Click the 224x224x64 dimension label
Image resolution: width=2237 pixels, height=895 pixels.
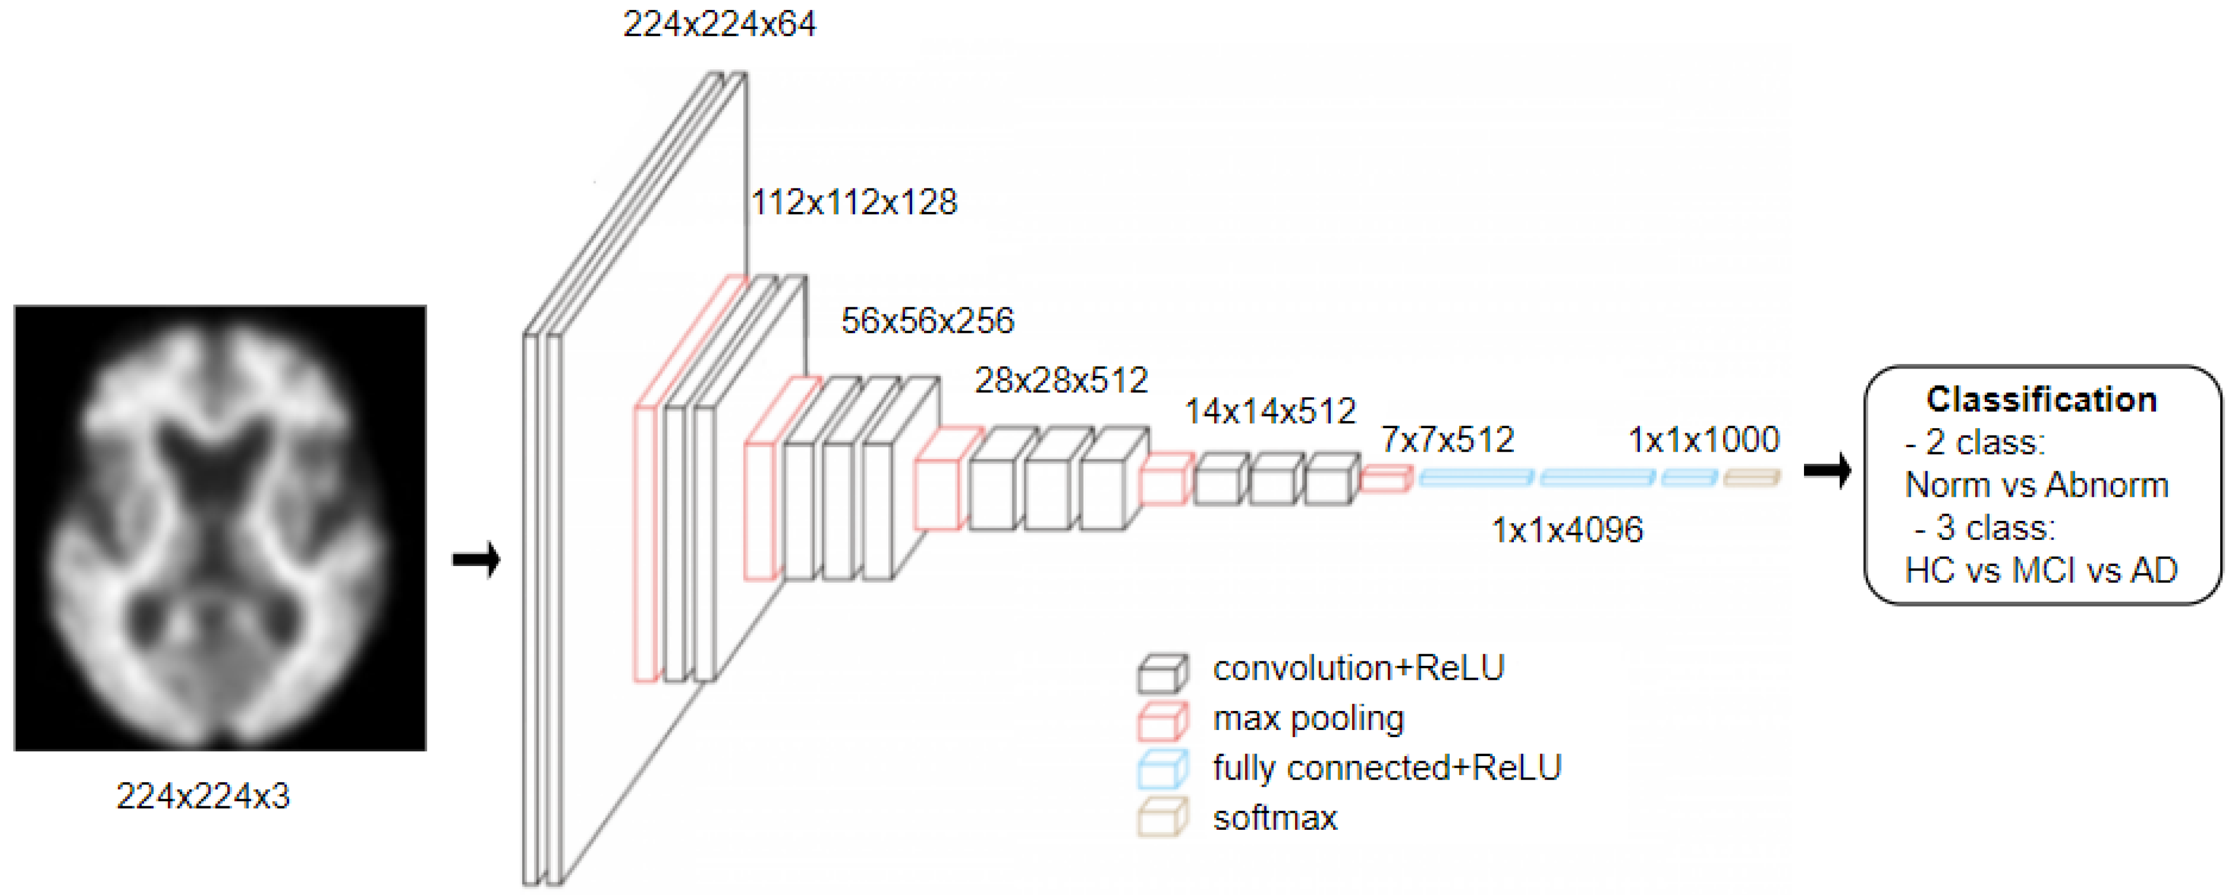(719, 25)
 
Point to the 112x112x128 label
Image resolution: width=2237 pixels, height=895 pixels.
(854, 202)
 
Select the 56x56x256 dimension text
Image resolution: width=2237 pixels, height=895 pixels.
(927, 321)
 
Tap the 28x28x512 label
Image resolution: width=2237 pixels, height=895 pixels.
(1060, 380)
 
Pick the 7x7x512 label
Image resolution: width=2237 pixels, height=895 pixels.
(1447, 440)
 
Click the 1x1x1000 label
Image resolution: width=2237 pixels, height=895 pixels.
(1703, 440)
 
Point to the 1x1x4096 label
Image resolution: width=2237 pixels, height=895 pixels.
(1567, 530)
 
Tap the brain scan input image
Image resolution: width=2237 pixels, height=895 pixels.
(220, 527)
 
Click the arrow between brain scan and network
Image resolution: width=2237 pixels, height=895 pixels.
(477, 559)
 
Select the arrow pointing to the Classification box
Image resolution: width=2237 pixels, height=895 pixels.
(1826, 471)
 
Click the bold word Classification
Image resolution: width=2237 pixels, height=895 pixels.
(2041, 399)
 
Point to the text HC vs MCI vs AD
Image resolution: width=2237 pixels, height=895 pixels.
(2041, 570)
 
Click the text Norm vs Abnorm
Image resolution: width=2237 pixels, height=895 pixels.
(2036, 485)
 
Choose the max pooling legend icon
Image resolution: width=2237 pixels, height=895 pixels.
(1162, 720)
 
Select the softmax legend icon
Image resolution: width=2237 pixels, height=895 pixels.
(1162, 819)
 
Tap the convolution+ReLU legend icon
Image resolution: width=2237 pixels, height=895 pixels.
(1162, 672)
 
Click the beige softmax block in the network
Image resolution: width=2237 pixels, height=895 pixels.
(1750, 477)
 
